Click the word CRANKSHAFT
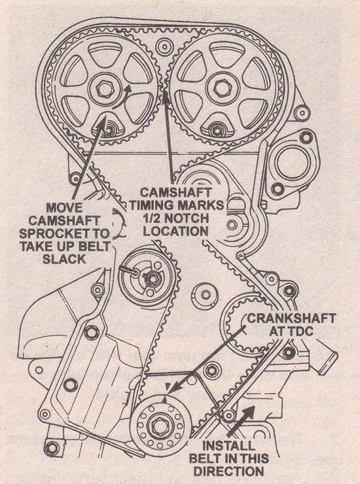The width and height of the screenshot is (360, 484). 292,319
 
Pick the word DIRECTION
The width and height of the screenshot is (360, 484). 233,472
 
